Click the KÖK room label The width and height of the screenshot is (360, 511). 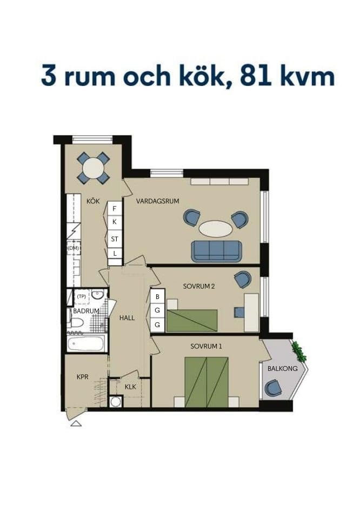coord(93,201)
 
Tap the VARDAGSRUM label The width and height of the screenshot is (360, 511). coord(158,201)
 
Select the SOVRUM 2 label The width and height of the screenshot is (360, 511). coord(199,287)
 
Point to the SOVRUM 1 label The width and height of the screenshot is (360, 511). coord(206,346)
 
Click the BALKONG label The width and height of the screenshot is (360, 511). coord(283,369)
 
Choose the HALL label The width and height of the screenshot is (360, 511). coord(127,318)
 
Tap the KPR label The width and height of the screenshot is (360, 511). coord(82,377)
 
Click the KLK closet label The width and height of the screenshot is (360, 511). coord(130,387)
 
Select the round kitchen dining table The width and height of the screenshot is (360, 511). coord(93,168)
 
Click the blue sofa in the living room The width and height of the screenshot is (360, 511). coord(216,251)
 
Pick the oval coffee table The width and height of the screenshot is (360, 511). coord(216,229)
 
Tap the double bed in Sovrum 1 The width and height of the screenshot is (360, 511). coord(206,382)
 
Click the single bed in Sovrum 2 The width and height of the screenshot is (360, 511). coord(192,321)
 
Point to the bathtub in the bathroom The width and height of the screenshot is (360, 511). coord(86,343)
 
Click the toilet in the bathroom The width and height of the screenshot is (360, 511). coord(76,323)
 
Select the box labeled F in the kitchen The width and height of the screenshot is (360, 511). coord(115,209)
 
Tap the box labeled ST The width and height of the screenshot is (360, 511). coord(115,239)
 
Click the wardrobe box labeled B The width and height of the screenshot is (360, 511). coord(158,296)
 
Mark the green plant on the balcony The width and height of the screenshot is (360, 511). coord(299,351)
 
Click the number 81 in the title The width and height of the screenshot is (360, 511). coord(255,76)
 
